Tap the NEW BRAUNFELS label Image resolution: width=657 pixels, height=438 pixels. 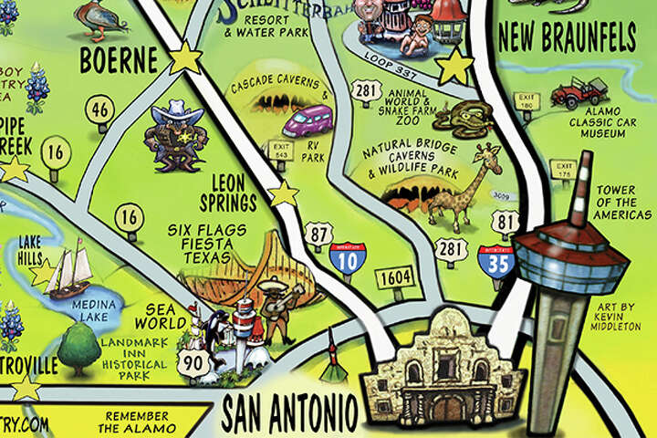tap(567, 38)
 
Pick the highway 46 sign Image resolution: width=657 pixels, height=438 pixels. tap(99, 110)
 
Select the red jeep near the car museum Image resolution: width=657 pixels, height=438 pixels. tap(580, 92)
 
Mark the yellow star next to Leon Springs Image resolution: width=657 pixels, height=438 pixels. tap(285, 193)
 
